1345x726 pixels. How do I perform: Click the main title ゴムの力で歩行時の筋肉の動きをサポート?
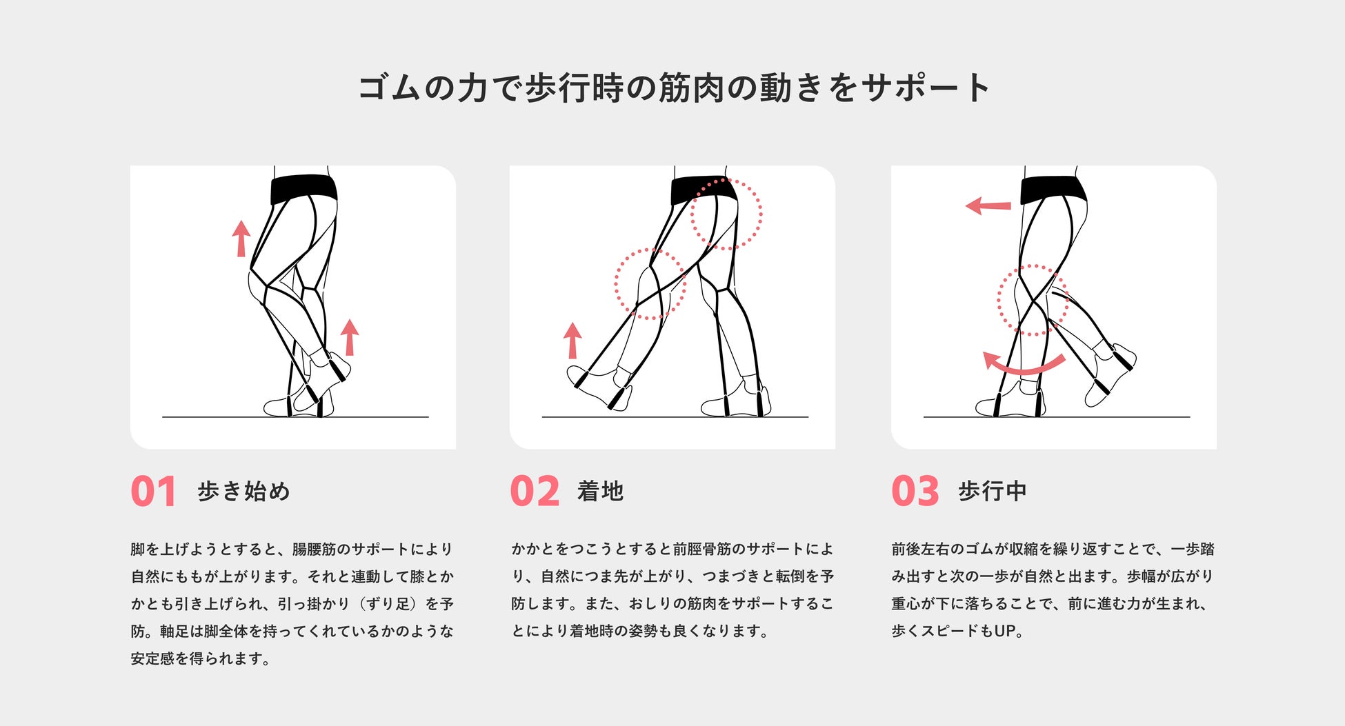pos(674,88)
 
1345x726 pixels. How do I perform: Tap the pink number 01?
pos(153,492)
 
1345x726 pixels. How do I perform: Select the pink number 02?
pos(535,492)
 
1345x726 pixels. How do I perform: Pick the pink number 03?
pos(915,492)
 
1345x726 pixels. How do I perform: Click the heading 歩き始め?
pos(243,491)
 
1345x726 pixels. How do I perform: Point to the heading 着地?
pos(600,491)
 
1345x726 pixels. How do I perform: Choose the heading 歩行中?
pos(993,491)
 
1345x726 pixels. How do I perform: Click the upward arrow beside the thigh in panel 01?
pos(241,239)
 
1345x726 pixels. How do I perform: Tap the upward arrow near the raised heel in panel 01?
pos(350,337)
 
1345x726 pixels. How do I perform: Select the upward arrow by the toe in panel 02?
pos(572,341)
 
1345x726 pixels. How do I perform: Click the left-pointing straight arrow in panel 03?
pos(988,205)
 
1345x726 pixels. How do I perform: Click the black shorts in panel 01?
pos(304,189)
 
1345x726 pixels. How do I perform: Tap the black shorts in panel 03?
pos(1053,189)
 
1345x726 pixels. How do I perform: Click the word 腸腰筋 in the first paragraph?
pos(314,549)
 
